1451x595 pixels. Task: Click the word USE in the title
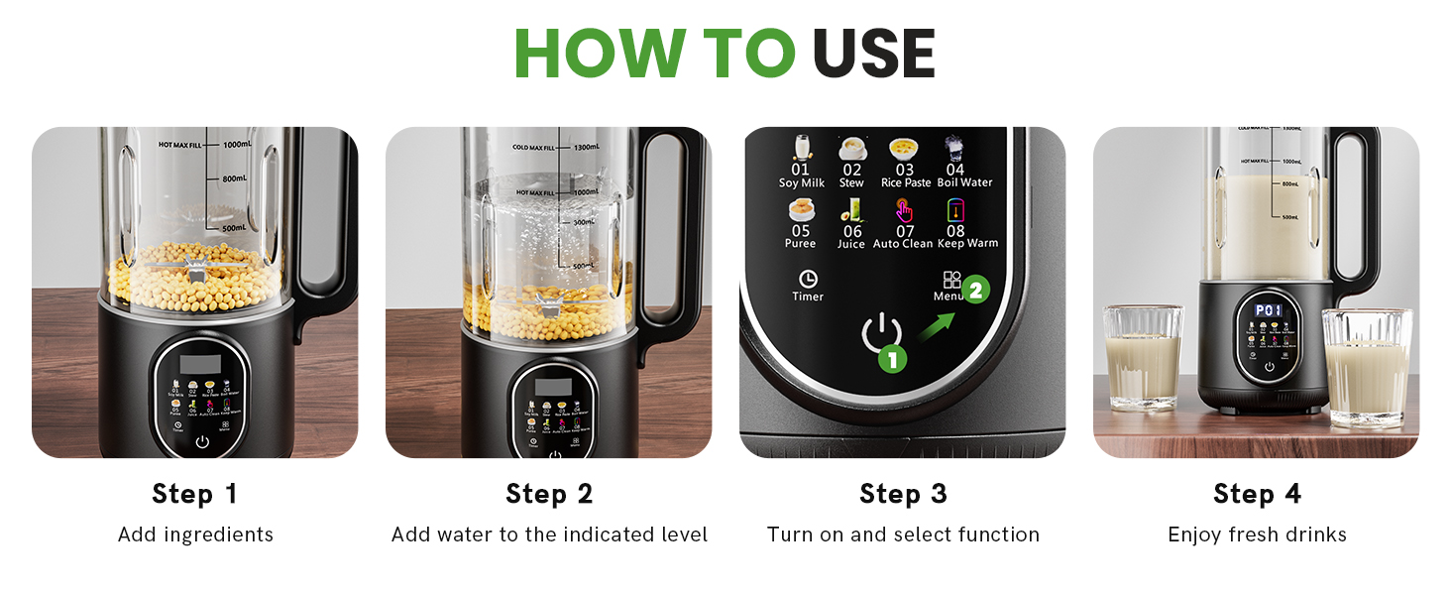[873, 54]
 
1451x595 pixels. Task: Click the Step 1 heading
[195, 494]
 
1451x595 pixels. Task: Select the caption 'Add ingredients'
[195, 535]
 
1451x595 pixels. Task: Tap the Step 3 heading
[903, 494]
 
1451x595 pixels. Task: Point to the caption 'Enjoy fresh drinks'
[1257, 535]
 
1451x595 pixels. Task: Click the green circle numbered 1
[892, 358]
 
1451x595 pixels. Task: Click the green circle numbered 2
[975, 291]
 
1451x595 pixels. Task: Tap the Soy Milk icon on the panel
[801, 149]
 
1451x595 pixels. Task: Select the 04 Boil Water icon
[953, 149]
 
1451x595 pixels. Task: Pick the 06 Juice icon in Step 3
[852, 211]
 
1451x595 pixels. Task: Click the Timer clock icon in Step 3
[808, 279]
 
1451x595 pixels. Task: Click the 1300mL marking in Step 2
[585, 148]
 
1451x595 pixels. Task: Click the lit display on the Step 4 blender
[1269, 310]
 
